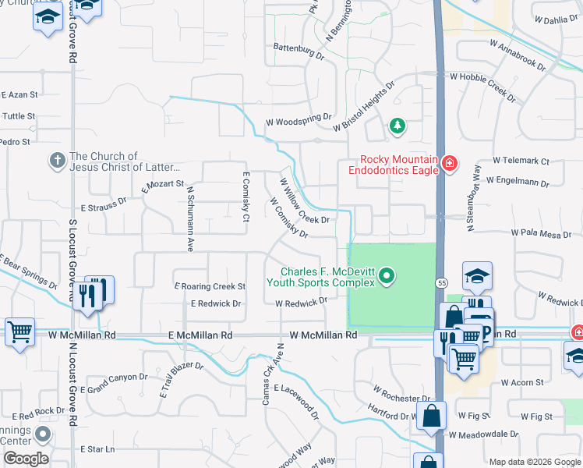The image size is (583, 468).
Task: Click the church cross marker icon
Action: [x=57, y=161]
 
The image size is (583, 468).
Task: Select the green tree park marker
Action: [x=397, y=125]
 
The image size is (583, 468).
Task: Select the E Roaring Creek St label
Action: [x=210, y=287]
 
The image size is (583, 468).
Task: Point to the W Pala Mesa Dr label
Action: [x=541, y=233]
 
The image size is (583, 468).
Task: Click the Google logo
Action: [x=26, y=459]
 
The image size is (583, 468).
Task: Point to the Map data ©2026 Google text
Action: [x=534, y=461]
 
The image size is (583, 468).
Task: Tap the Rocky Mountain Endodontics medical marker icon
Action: [x=449, y=163]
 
